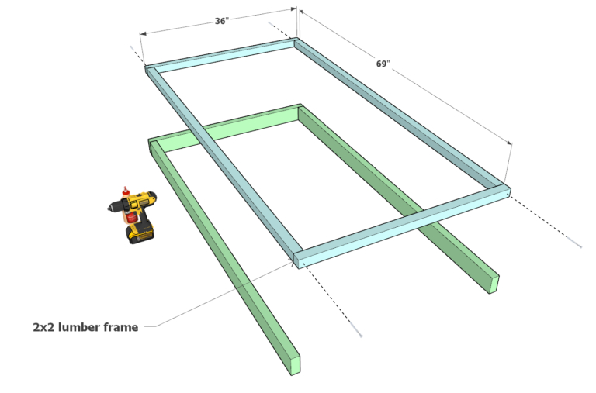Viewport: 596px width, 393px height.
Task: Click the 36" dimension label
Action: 221,21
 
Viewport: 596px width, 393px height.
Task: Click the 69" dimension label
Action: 383,64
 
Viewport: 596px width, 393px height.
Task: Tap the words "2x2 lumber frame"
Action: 85,327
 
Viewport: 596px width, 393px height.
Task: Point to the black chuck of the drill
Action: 115,206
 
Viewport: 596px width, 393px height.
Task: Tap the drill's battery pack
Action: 141,232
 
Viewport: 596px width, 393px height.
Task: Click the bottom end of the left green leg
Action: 293,364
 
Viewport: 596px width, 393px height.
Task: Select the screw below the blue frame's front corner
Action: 358,333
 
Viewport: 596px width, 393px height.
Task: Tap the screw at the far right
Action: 579,246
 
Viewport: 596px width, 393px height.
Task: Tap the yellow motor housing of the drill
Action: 138,205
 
